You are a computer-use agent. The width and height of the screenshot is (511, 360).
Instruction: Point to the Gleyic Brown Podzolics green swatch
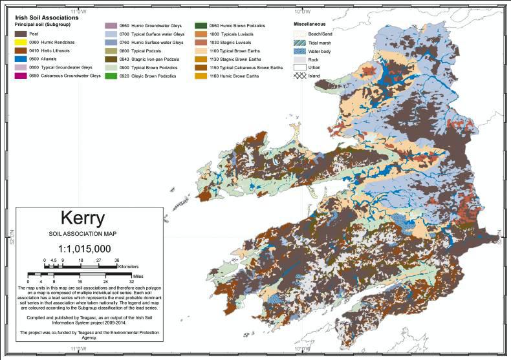(113, 76)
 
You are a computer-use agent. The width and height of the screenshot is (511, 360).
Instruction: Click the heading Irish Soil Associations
(47, 17)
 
